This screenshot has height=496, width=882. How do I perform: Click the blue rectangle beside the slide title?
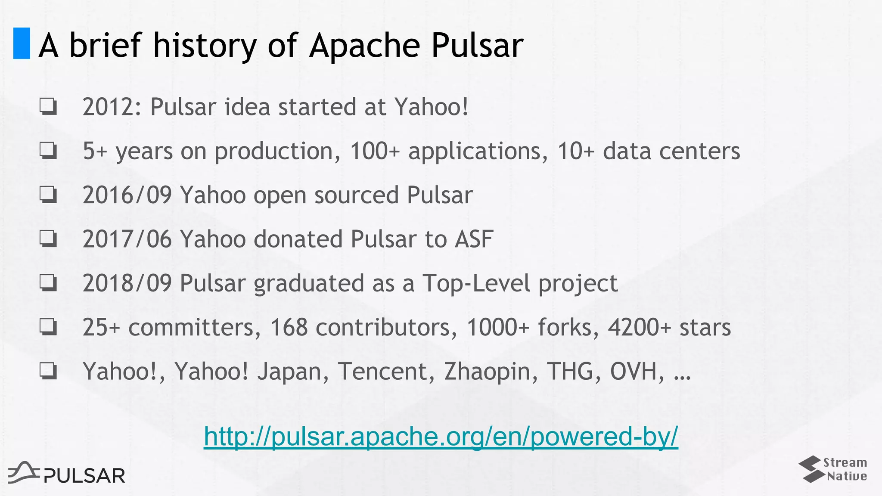click(22, 43)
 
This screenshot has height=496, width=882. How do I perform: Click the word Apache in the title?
click(364, 45)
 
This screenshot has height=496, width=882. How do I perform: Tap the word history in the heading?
click(205, 45)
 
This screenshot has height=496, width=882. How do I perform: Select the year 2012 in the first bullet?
click(109, 107)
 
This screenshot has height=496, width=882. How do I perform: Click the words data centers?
click(671, 151)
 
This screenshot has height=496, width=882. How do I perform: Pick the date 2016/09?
click(127, 195)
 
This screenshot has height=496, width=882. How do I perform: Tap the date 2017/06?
click(127, 239)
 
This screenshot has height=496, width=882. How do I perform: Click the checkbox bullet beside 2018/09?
click(48, 283)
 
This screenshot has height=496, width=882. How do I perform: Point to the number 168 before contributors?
click(289, 327)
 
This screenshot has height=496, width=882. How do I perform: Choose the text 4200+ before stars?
click(640, 327)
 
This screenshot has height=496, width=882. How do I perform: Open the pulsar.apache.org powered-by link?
click(441, 436)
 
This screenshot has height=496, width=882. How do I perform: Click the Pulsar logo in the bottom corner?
click(67, 473)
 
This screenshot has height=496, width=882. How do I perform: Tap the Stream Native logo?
click(833, 469)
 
